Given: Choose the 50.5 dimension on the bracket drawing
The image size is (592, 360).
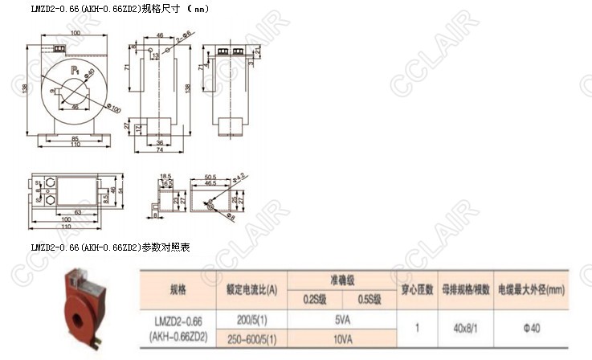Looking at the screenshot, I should coord(214,175).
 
